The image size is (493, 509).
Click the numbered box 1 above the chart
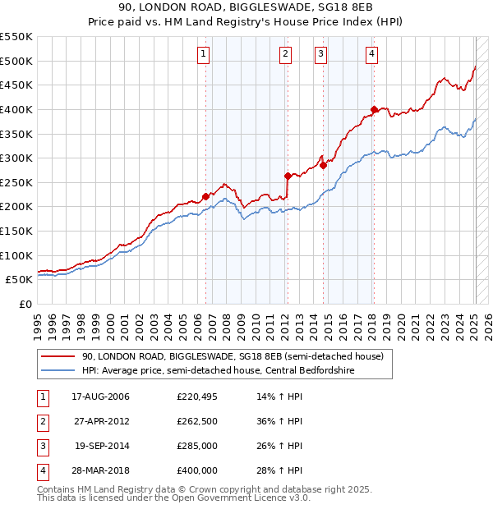pos(203,55)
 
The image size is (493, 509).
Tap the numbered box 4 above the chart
pos(371,55)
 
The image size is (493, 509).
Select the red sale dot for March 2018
pos(374,109)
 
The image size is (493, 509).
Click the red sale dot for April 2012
pos(288,176)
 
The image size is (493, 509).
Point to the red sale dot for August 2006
pos(205,196)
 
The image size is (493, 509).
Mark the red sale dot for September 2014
pos(323,165)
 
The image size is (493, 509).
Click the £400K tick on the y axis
pos(16,109)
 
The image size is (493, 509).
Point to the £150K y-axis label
pos(16,231)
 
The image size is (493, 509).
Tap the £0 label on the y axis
pos(24,304)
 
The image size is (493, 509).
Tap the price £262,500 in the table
pos(197,421)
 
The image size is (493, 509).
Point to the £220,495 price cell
pos(197,397)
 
